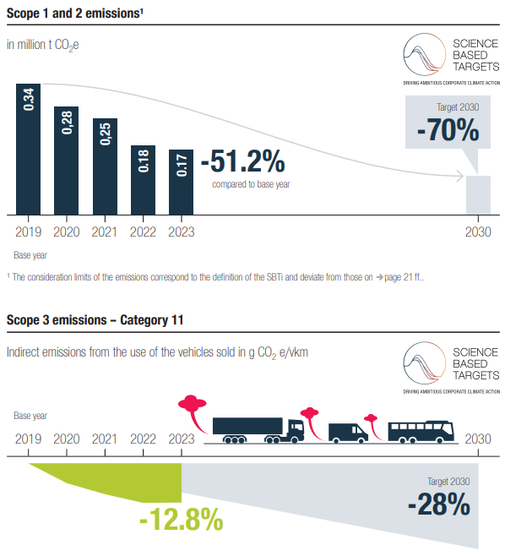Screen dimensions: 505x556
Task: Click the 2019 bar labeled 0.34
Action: (x=29, y=150)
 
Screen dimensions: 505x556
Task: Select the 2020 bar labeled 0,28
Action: (x=66, y=161)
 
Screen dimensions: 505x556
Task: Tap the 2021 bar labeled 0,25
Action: (x=105, y=166)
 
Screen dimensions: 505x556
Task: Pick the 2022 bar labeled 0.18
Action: (x=144, y=180)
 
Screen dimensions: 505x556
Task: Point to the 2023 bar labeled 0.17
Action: (x=181, y=183)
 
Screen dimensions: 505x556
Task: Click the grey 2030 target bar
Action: (x=478, y=195)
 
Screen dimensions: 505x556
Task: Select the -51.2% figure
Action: (x=243, y=161)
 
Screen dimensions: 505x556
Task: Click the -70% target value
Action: (x=448, y=130)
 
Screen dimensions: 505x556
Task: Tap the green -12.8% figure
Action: (x=181, y=520)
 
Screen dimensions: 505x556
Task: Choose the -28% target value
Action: (x=439, y=504)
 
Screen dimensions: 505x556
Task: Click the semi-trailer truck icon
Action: (x=258, y=430)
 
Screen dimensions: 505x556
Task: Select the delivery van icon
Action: (x=348, y=433)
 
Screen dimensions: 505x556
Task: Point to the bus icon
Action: (x=421, y=433)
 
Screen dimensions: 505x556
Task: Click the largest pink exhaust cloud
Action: (x=193, y=412)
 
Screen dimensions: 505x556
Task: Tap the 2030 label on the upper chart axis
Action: (x=478, y=232)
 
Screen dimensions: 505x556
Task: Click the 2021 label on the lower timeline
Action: (x=105, y=439)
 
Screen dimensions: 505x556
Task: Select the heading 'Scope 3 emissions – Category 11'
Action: (x=95, y=320)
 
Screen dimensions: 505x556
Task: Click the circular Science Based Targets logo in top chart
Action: (x=425, y=54)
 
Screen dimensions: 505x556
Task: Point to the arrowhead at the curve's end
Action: (x=460, y=176)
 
